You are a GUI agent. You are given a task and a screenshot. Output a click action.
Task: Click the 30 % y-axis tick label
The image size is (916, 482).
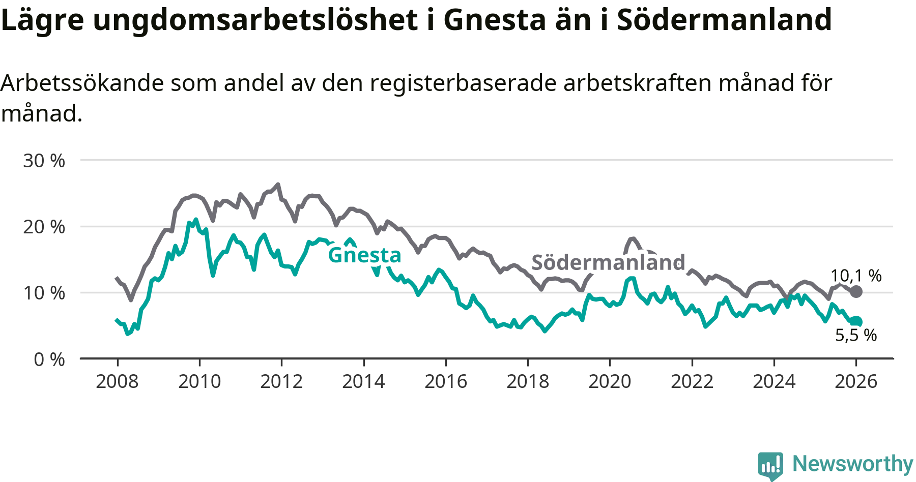pos(44,161)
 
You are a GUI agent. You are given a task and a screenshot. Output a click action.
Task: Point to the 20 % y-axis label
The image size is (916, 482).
pos(44,227)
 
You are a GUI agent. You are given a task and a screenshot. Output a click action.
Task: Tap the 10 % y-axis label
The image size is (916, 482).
pos(44,293)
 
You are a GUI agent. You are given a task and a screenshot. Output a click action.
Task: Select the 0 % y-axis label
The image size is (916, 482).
pos(49,359)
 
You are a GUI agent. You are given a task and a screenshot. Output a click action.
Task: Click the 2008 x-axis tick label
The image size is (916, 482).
pos(117,381)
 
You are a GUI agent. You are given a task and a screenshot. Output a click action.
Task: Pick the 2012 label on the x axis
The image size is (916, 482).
pos(281,381)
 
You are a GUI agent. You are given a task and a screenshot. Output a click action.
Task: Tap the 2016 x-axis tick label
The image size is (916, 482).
pos(446,381)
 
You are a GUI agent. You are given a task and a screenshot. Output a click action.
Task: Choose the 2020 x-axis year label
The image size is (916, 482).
pos(610,381)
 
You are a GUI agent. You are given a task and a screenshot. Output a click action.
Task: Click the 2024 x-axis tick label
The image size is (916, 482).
pos(774,381)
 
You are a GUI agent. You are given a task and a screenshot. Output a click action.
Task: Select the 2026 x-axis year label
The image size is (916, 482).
pos(856,381)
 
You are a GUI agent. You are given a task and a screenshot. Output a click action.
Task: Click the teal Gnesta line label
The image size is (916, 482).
pos(364,255)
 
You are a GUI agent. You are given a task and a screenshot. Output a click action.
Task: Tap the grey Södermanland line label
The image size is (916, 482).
pos(608,262)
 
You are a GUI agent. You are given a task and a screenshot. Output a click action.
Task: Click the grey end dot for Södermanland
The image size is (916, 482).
pos(856,291)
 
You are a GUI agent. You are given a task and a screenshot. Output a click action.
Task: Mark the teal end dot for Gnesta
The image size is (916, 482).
pos(856,321)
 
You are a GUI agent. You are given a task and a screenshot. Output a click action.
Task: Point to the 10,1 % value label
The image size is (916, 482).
pos(856,276)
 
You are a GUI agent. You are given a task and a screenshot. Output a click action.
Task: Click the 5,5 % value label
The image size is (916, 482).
pos(856,335)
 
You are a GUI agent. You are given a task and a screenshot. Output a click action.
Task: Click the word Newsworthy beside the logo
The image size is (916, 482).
pos(853,464)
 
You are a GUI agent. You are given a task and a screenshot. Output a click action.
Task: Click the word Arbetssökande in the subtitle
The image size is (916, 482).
pos(82,83)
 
